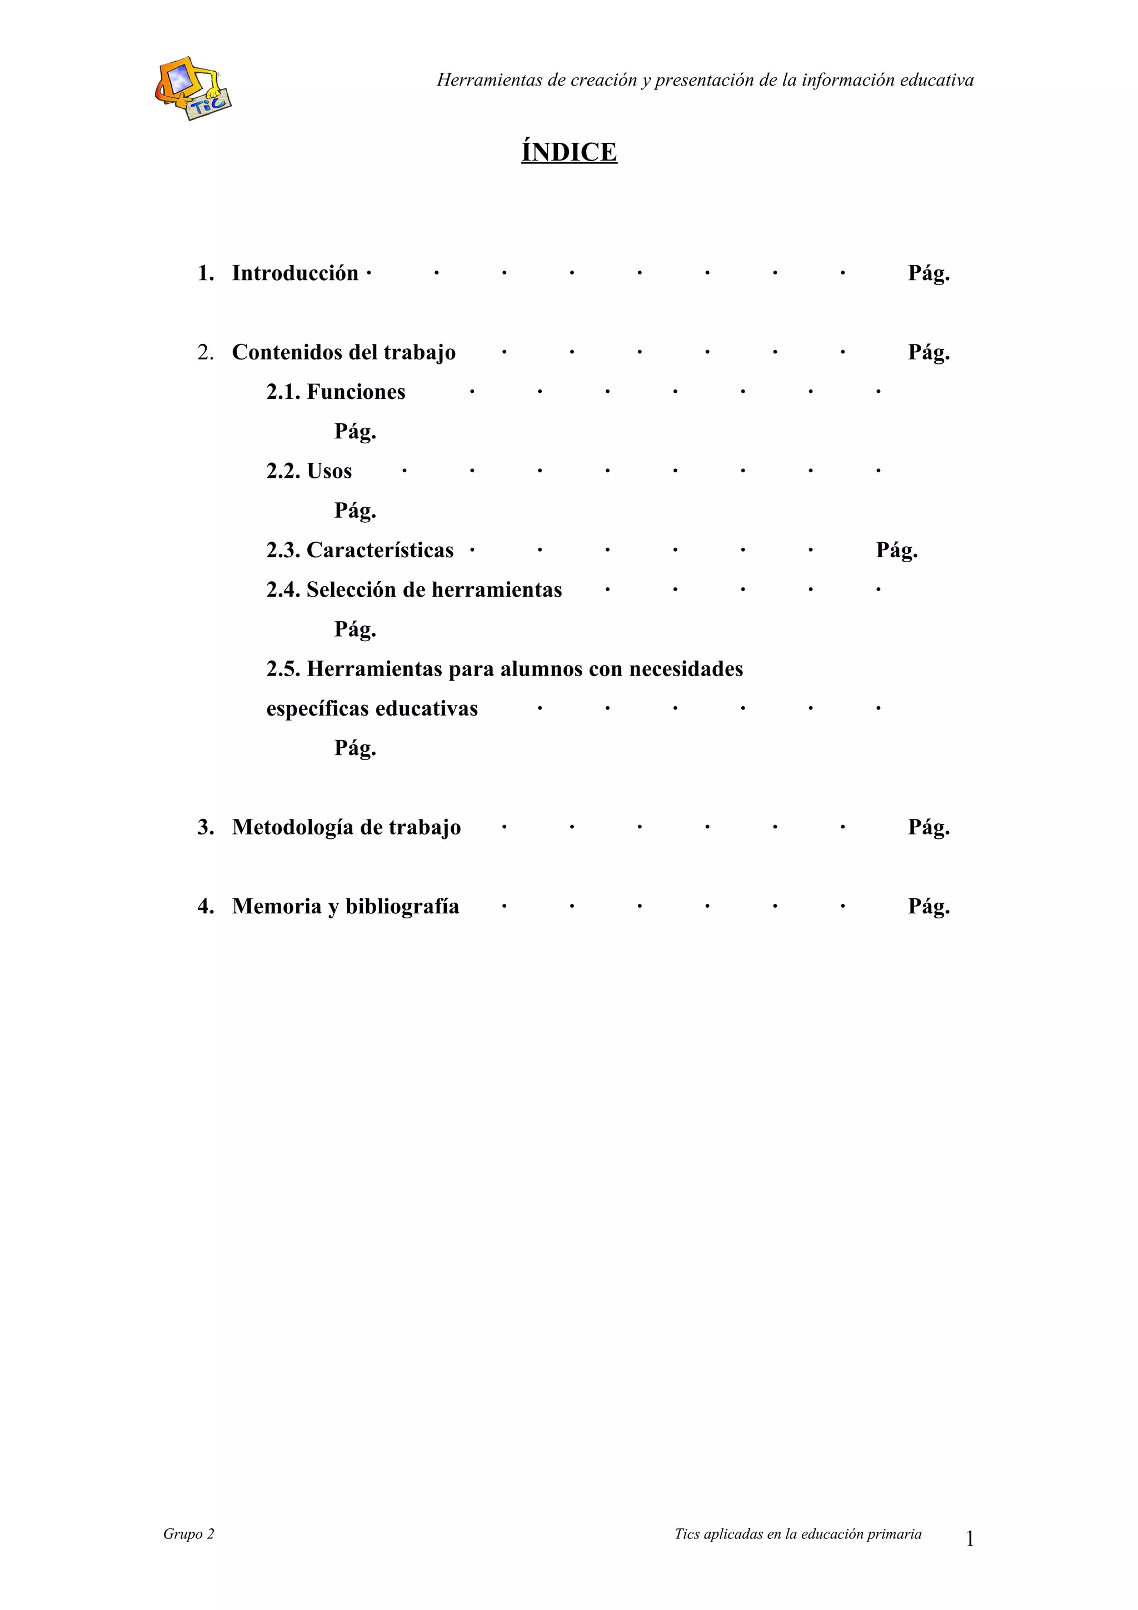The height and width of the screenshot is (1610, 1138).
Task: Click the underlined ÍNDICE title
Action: (568, 152)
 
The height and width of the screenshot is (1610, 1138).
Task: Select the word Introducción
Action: (295, 273)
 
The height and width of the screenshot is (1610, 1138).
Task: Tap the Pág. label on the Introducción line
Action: (929, 273)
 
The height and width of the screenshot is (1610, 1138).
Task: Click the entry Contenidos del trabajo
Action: (343, 352)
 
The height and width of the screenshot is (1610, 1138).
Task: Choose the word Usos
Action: (329, 471)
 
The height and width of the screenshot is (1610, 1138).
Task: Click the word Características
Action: (380, 550)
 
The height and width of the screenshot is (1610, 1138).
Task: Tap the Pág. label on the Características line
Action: (896, 550)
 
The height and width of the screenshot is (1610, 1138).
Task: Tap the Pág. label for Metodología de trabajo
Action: (929, 827)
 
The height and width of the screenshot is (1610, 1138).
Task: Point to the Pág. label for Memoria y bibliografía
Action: (929, 907)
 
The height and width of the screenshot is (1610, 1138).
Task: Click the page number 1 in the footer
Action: (970, 1539)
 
